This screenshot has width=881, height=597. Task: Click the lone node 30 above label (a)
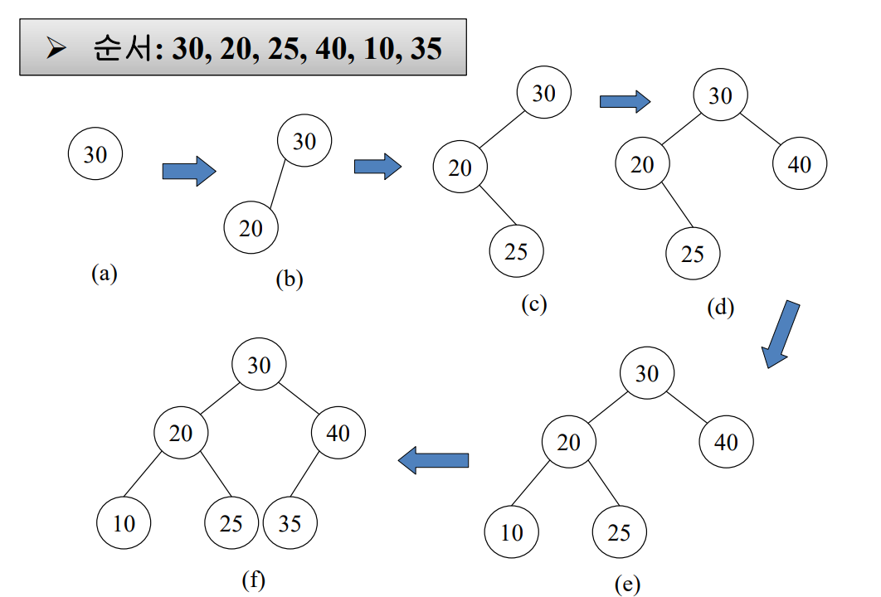pos(95,154)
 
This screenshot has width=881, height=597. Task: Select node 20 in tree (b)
pos(251,228)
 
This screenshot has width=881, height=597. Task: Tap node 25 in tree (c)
pos(516,250)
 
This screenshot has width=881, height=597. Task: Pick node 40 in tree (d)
pos(799,164)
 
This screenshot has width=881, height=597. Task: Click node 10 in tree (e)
pos(512,532)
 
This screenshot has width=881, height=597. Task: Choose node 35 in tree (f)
pos(290,523)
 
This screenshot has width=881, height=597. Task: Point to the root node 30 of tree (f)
pos(259,364)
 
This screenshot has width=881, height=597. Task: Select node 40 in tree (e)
pos(726,441)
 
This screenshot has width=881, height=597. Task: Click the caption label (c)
pos(534,303)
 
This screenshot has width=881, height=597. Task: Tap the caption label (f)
pos(253,580)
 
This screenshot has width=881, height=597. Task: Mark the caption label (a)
pos(105,273)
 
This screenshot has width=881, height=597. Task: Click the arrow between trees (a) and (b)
pos(188,171)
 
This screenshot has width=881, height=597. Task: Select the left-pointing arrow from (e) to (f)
pos(434,459)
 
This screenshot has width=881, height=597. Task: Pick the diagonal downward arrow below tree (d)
pos(780,333)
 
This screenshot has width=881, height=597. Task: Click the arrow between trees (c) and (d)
pos(624,101)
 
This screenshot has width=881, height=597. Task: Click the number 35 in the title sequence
pos(426,48)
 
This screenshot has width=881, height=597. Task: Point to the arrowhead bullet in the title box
pos(57,49)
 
